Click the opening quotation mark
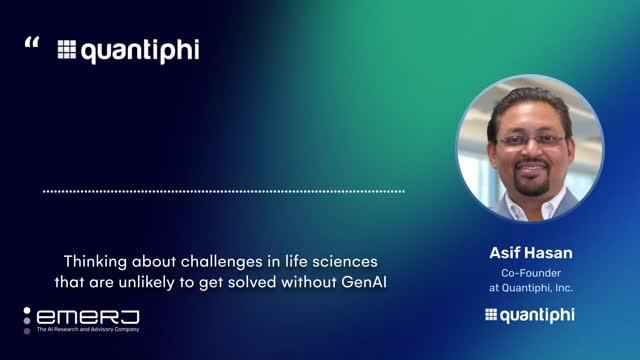pyautogui.click(x=32, y=42)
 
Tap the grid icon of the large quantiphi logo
pyautogui.click(x=67, y=49)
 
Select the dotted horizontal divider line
pyautogui.click(x=224, y=191)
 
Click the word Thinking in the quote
pyautogui.click(x=95, y=262)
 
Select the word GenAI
pyautogui.click(x=364, y=282)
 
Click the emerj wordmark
pyautogui.click(x=88, y=317)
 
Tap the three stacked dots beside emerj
pyautogui.click(x=27, y=321)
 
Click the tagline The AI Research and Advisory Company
pyautogui.click(x=88, y=329)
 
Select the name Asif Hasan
pyautogui.click(x=531, y=253)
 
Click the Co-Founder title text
pyautogui.click(x=531, y=273)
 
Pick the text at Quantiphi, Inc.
pyautogui.click(x=531, y=288)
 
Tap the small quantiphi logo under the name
pyautogui.click(x=530, y=316)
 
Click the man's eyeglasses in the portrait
pyautogui.click(x=531, y=141)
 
